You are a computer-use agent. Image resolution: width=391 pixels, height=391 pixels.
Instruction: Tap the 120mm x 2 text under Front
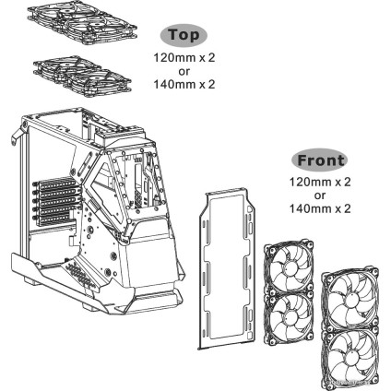(319, 182)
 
